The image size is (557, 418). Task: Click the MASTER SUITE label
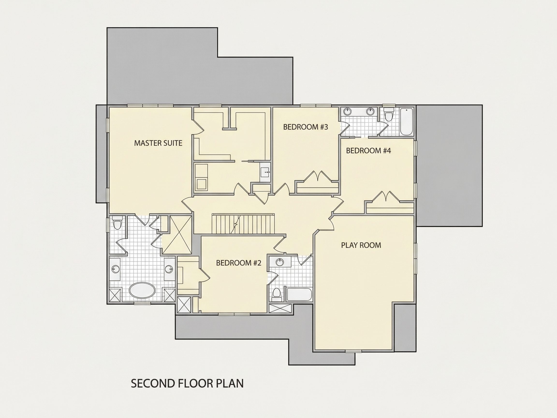[x=158, y=143]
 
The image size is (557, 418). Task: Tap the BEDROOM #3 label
[x=306, y=127]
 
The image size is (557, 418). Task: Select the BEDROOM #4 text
[x=368, y=151]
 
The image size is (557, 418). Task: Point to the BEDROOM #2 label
[x=239, y=263]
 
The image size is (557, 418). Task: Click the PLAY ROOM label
[x=361, y=245]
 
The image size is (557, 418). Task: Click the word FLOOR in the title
[x=195, y=383]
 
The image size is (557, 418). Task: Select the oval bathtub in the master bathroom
[x=142, y=291]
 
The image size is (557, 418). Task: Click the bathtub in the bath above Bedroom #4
[x=406, y=122]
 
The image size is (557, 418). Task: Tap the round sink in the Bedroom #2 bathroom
[x=280, y=262]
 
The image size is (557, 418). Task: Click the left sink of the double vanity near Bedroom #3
[x=348, y=111]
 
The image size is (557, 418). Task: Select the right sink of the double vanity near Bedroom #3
[x=370, y=111]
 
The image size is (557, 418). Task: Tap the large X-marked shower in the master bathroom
[x=176, y=235]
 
